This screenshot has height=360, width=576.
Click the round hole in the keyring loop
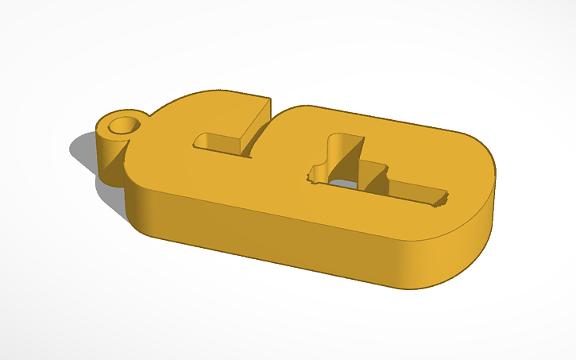pos(123,125)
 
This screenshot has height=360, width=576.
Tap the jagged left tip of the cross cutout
pos(313,170)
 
